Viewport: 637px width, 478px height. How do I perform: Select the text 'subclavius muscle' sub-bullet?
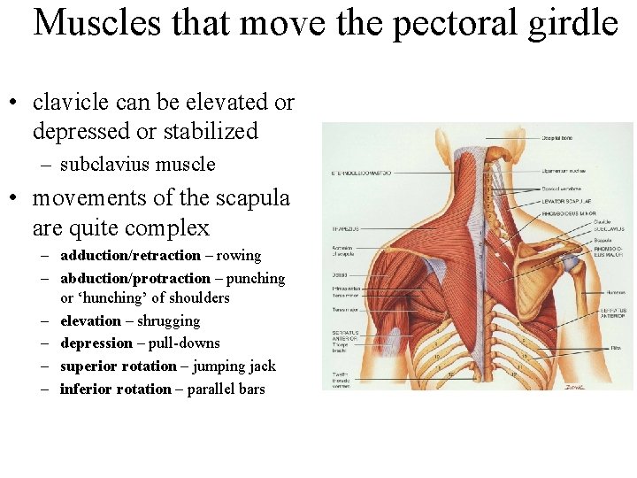137,165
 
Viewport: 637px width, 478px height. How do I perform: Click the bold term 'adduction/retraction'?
130,256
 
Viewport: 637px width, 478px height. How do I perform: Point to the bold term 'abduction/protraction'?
135,279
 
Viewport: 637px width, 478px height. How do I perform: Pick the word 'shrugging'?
168,321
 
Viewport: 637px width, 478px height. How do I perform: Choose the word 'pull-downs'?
182,343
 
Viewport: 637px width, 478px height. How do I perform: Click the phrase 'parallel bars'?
226,389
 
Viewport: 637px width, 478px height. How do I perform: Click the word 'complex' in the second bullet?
168,228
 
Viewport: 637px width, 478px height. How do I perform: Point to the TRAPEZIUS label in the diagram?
343,227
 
